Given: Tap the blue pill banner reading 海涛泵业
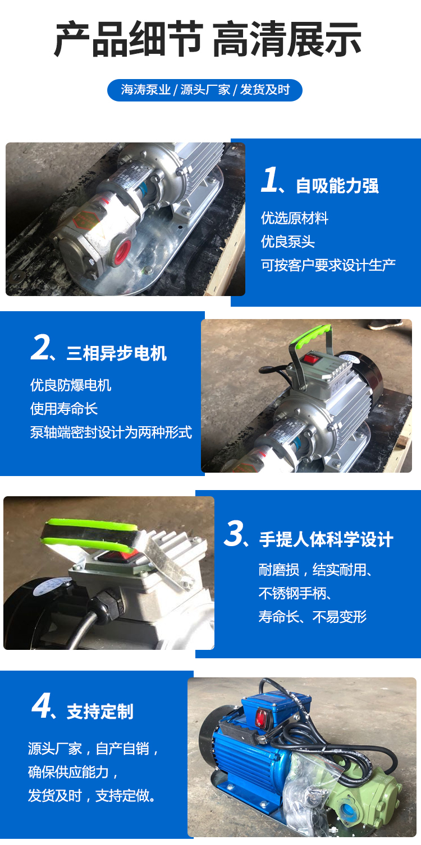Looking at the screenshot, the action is pyautogui.click(x=205, y=90).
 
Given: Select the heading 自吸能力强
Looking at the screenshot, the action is pyautogui.click(x=337, y=186).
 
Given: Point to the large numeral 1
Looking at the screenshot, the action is pyautogui.click(x=269, y=180).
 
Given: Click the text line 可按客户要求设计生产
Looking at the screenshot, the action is pyautogui.click(x=328, y=265).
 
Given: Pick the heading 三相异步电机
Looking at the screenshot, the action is pyautogui.click(x=117, y=353).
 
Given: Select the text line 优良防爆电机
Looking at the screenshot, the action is pyautogui.click(x=71, y=385).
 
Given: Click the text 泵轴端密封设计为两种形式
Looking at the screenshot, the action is pyautogui.click(x=111, y=432).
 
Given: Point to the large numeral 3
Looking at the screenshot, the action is pyautogui.click(x=234, y=533).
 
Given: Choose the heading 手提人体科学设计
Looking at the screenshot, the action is pyautogui.click(x=326, y=539).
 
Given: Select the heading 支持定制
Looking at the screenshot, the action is pyautogui.click(x=100, y=712).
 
